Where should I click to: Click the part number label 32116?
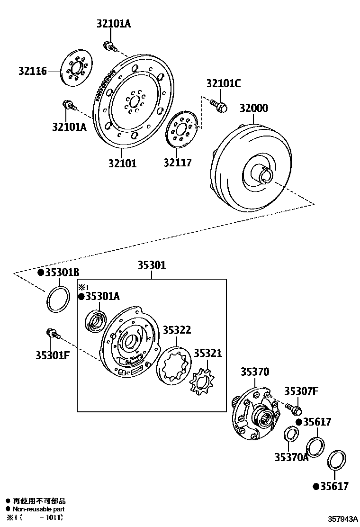point(33,72)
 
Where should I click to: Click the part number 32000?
point(253,108)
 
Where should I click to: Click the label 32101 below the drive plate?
point(122,164)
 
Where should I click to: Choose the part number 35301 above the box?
point(152,265)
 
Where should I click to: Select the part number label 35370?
point(254,372)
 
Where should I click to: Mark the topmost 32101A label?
point(114,24)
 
